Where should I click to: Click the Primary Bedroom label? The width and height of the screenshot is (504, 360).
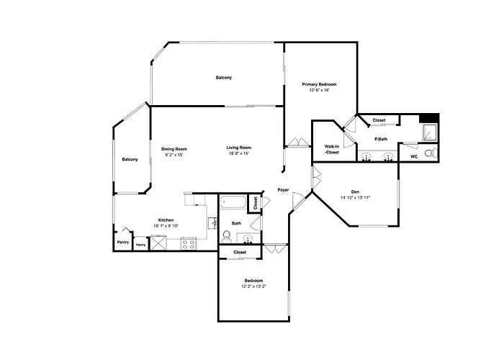click(319, 84)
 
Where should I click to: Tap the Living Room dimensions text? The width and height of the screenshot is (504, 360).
click(239, 153)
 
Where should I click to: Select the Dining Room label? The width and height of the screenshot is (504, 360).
click(174, 149)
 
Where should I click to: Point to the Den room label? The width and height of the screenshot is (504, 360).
click(355, 192)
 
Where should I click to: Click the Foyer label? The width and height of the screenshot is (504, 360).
click(283, 190)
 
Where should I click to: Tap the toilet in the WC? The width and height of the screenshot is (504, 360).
click(431, 153)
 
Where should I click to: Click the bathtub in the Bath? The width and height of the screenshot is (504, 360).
click(233, 203)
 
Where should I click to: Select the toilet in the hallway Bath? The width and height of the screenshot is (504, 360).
click(227, 237)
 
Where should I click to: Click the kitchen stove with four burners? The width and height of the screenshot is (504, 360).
click(189, 243)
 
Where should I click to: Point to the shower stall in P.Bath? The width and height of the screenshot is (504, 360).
click(429, 132)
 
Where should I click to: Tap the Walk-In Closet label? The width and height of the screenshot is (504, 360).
click(332, 150)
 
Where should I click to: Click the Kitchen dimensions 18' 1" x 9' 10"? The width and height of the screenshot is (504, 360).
click(166, 225)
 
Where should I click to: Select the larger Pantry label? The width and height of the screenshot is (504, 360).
click(123, 242)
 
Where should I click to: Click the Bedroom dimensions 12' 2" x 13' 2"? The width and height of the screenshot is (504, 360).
click(253, 286)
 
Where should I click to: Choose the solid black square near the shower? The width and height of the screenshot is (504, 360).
click(429, 118)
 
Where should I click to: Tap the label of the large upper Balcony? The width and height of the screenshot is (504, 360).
click(224, 78)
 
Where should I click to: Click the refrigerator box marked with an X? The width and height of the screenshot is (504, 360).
click(159, 243)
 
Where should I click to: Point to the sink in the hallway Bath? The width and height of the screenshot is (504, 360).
click(248, 239)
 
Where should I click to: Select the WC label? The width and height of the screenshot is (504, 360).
click(414, 156)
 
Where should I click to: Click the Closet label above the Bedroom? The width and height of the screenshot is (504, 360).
click(240, 252)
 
